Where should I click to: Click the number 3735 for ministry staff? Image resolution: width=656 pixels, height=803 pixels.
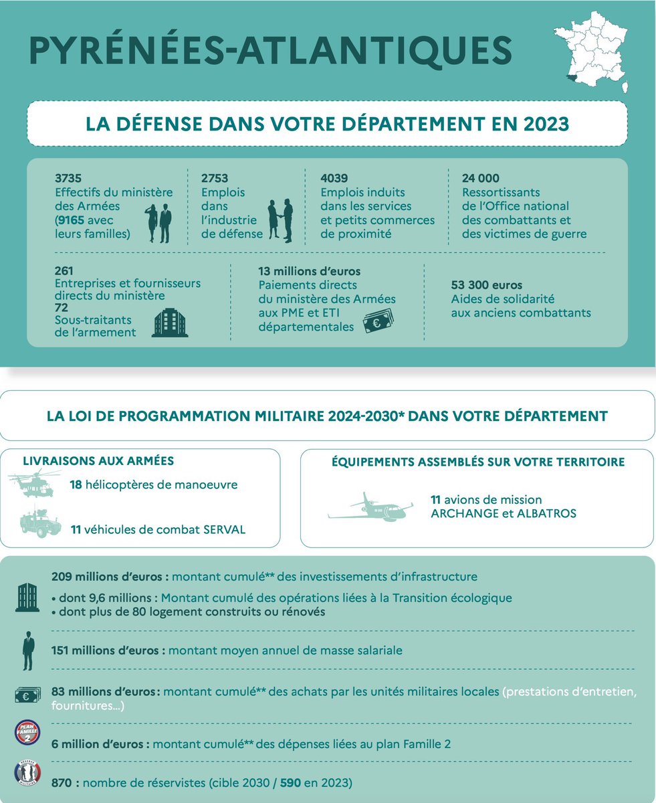(68, 179)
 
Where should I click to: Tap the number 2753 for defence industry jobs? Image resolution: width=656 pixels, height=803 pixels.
(215, 179)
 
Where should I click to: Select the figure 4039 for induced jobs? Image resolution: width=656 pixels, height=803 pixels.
(334, 179)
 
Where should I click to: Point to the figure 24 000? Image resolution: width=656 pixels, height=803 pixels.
(481, 179)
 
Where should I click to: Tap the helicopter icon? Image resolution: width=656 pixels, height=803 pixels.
(31, 485)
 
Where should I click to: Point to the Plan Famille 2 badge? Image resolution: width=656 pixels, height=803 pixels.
(27, 732)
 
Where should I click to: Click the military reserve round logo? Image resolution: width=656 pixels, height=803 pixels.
(27, 774)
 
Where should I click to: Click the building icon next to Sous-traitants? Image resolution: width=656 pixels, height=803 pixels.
(170, 323)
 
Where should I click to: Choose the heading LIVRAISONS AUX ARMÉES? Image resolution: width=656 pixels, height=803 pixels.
(98, 461)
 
